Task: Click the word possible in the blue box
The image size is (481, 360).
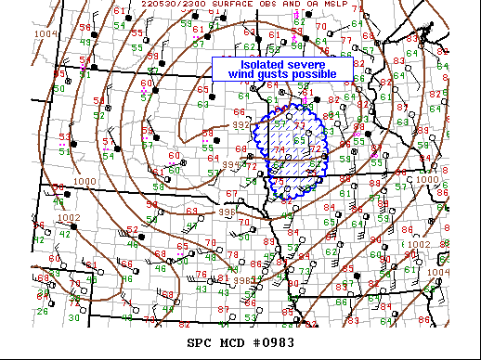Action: pyautogui.click(x=322, y=74)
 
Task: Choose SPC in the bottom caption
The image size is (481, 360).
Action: pyautogui.click(x=201, y=342)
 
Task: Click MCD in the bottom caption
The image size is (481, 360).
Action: pyautogui.click(x=232, y=342)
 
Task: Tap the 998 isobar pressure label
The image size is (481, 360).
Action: pyautogui.click(x=240, y=280)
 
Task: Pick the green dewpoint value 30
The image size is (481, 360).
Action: pyautogui.click(x=73, y=317)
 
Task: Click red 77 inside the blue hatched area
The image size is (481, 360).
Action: pyautogui.click(x=299, y=123)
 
